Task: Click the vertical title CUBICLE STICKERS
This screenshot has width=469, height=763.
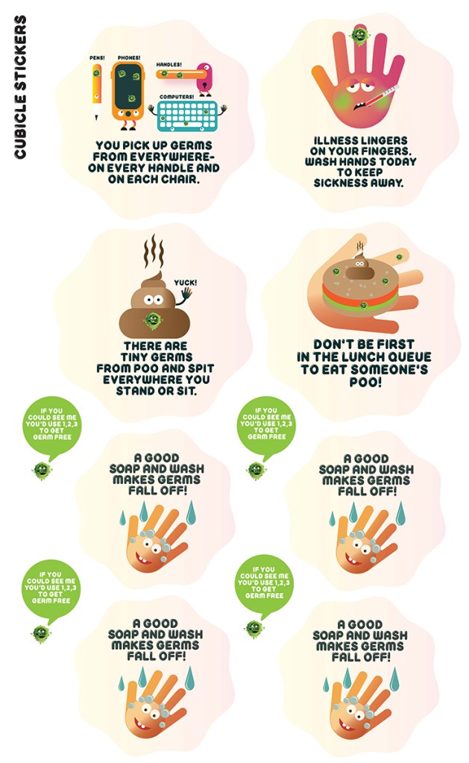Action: (20, 87)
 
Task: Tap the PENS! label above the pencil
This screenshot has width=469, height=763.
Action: (97, 57)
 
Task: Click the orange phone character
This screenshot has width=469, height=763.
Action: (128, 94)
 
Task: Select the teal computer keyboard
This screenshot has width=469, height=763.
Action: (189, 116)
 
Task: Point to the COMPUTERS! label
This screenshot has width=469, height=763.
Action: (177, 97)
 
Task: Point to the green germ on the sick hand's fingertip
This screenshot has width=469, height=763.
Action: (359, 35)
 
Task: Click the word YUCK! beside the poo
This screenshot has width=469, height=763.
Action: (186, 282)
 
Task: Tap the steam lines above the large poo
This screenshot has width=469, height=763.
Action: (154, 251)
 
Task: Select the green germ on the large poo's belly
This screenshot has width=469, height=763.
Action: (153, 320)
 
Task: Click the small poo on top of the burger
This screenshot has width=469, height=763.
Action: (360, 267)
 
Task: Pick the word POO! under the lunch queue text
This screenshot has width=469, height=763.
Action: (365, 382)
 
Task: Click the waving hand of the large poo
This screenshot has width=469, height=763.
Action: (185, 295)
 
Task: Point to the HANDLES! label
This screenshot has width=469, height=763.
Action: (169, 64)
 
